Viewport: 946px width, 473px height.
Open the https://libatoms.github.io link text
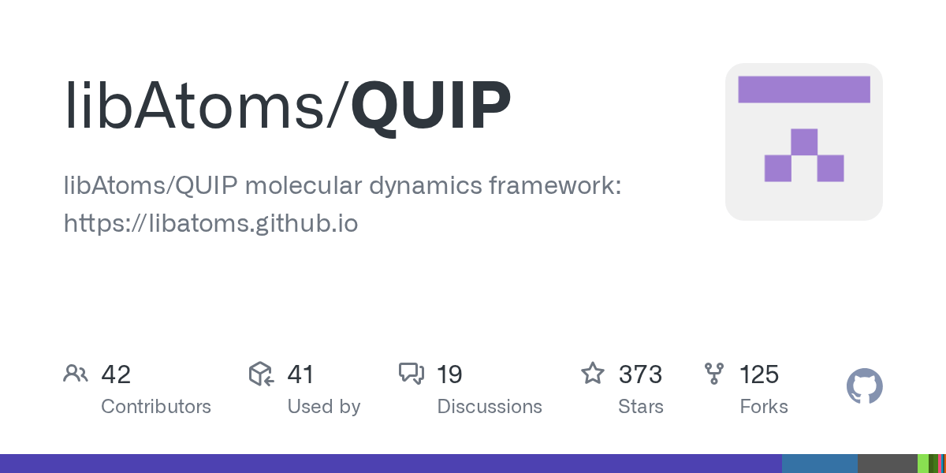210,224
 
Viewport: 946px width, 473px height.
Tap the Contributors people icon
76,374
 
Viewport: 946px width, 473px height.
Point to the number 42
116,374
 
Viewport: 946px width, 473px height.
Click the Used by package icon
261,374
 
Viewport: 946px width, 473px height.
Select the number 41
300,374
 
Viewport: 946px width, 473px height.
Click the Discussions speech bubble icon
411,374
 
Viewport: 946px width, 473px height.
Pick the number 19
449,374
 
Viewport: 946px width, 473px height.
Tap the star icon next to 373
592,374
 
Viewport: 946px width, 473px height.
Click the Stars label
640,407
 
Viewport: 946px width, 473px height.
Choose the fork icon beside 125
714,374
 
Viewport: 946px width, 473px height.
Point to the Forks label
764,407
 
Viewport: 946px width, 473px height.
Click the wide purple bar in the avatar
803,89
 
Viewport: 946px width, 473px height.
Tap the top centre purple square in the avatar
804,142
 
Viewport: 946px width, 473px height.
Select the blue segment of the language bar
819,464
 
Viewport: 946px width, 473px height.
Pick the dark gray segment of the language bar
887,464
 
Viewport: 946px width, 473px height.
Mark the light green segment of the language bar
922,464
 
